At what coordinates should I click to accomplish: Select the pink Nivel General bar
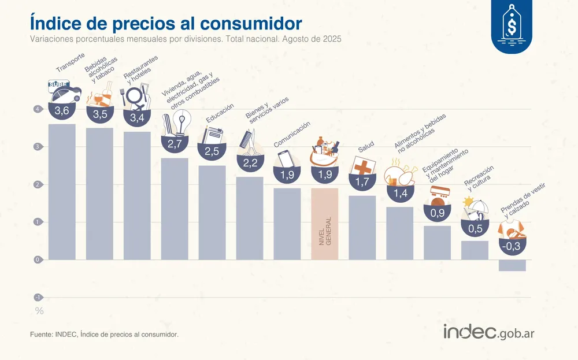click(x=324, y=224)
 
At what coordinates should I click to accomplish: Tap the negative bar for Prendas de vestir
click(x=512, y=265)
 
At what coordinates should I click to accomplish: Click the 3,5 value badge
click(x=100, y=114)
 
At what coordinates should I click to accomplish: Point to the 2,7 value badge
click(x=175, y=144)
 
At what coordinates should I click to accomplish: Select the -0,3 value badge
click(x=512, y=246)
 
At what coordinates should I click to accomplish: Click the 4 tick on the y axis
click(x=37, y=109)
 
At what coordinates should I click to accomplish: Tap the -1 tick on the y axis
click(x=37, y=297)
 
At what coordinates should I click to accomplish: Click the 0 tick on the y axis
click(x=37, y=259)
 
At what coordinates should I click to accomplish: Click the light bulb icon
click(x=183, y=122)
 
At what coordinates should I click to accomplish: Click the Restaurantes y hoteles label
click(x=140, y=69)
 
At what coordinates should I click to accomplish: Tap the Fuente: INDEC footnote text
click(x=104, y=334)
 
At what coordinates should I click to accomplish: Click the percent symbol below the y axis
click(x=39, y=311)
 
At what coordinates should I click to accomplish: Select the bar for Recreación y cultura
click(x=475, y=250)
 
